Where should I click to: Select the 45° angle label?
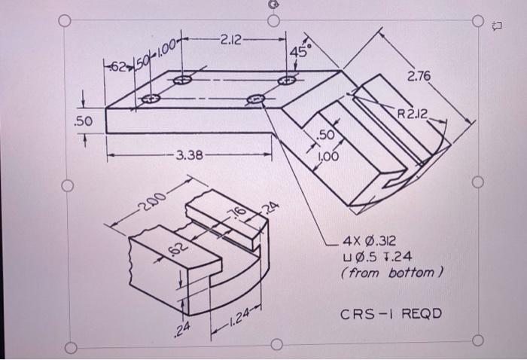pyautogui.click(x=301, y=50)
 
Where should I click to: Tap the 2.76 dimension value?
pyautogui.click(x=419, y=77)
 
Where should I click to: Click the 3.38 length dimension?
pyautogui.click(x=189, y=156)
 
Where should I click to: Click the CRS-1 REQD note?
pyautogui.click(x=391, y=313)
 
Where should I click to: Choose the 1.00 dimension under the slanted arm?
pyautogui.click(x=330, y=156)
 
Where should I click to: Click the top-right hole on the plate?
pyautogui.click(x=286, y=80)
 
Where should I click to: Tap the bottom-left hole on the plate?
pyautogui.click(x=151, y=99)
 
